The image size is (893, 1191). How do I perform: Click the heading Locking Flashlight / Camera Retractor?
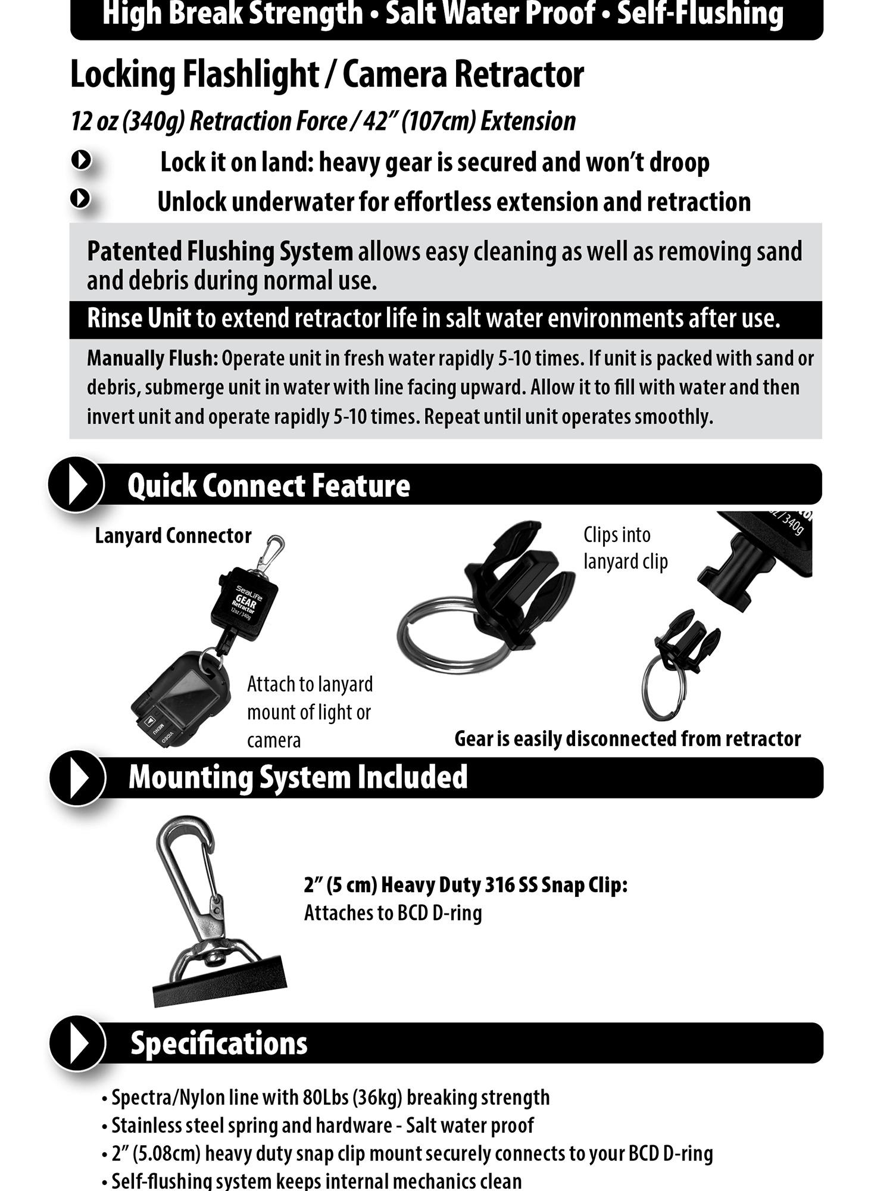click(327, 74)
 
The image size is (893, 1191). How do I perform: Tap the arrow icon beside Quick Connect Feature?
click(76, 484)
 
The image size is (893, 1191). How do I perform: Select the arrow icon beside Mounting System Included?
click(77, 778)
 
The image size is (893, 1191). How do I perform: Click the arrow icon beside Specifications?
click(77, 1043)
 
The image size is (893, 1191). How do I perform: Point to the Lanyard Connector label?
click(173, 535)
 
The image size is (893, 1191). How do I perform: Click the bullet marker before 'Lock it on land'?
click(81, 160)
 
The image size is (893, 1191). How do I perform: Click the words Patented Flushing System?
click(220, 251)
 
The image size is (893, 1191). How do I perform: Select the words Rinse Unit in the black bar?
click(139, 318)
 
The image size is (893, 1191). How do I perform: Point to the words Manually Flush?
click(152, 358)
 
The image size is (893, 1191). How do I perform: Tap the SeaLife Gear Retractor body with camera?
click(244, 604)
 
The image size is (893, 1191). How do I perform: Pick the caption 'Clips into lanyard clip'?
click(626, 548)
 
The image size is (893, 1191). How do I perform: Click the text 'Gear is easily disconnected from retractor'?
click(627, 738)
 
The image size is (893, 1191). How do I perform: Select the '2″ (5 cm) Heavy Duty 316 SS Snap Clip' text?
click(466, 885)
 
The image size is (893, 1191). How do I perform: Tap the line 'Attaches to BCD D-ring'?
click(393, 913)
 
